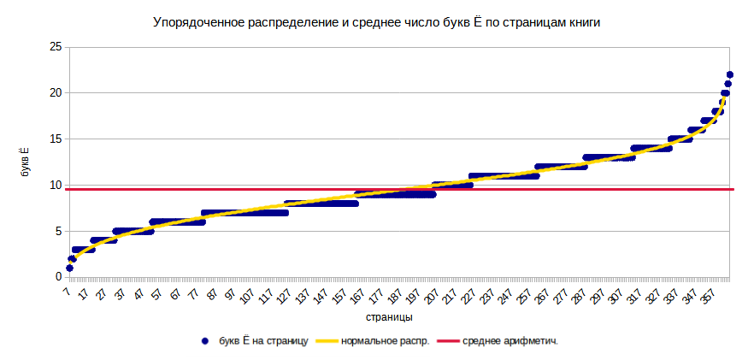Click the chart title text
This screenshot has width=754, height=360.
[376, 23]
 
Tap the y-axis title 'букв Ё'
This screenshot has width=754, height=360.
[26, 161]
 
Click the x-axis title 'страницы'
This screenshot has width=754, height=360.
[389, 316]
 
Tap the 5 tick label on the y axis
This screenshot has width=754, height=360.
[57, 231]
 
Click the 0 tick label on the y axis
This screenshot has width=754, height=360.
[57, 277]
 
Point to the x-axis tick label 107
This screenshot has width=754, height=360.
[245, 296]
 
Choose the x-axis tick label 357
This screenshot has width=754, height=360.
[705, 296]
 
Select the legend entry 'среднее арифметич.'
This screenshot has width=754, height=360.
[510, 341]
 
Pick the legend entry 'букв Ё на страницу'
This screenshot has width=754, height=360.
[263, 341]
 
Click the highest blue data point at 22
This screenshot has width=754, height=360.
[729, 74]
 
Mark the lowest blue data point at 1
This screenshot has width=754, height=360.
[69, 268]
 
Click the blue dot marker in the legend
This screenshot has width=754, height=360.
[204, 341]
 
